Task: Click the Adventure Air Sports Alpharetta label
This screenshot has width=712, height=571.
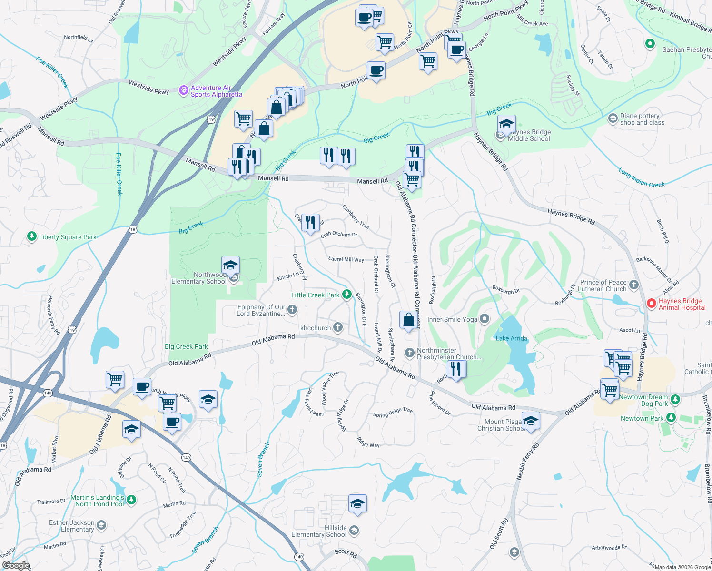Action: click(217, 91)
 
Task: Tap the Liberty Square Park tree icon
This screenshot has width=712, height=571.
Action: click(32, 236)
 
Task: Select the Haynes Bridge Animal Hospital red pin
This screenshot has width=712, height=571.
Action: click(652, 303)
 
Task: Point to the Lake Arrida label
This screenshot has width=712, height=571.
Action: click(512, 338)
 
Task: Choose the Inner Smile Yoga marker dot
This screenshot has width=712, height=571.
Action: click(484, 319)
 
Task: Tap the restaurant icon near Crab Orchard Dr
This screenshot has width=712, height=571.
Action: click(310, 222)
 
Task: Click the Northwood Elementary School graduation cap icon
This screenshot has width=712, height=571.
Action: click(230, 265)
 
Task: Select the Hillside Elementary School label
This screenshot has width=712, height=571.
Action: click(319, 531)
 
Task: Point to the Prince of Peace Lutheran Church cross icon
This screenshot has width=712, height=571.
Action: click(633, 285)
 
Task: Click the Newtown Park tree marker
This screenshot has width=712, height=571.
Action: click(671, 418)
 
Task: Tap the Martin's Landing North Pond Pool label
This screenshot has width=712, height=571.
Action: click(98, 501)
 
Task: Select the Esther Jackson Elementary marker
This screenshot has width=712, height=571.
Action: click(101, 525)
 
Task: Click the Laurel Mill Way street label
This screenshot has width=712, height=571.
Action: click(346, 259)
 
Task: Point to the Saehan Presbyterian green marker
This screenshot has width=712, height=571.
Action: click(650, 44)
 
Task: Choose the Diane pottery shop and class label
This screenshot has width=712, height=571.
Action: click(642, 119)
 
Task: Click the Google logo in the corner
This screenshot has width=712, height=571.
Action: click(16, 565)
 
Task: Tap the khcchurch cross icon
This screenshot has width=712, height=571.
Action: click(337, 327)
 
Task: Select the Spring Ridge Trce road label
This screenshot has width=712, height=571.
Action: click(393, 413)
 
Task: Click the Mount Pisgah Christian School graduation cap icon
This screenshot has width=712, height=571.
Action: click(531, 421)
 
